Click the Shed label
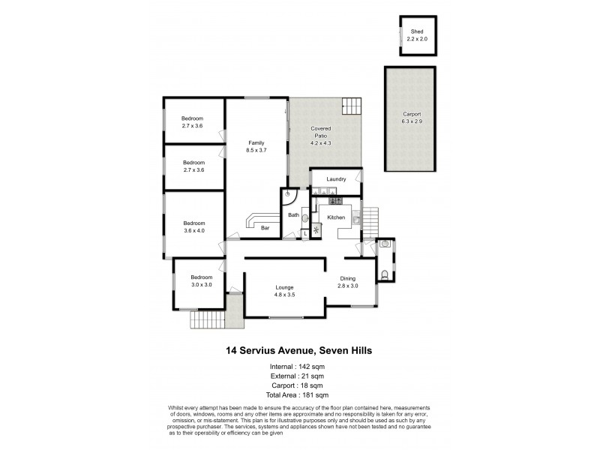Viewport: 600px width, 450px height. pyautogui.click(x=417, y=31)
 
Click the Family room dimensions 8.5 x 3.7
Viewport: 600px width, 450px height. pyautogui.click(x=256, y=150)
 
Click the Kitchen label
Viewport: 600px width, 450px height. pyautogui.click(x=335, y=217)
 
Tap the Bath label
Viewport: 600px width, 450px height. pyautogui.click(x=293, y=216)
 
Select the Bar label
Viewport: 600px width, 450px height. pyautogui.click(x=265, y=228)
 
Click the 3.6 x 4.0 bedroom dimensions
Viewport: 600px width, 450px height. pyautogui.click(x=193, y=230)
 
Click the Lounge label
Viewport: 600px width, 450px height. pyautogui.click(x=283, y=287)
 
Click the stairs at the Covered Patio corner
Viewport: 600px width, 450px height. pyautogui.click(x=351, y=106)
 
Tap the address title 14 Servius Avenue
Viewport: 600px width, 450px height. pyautogui.click(x=299, y=349)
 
